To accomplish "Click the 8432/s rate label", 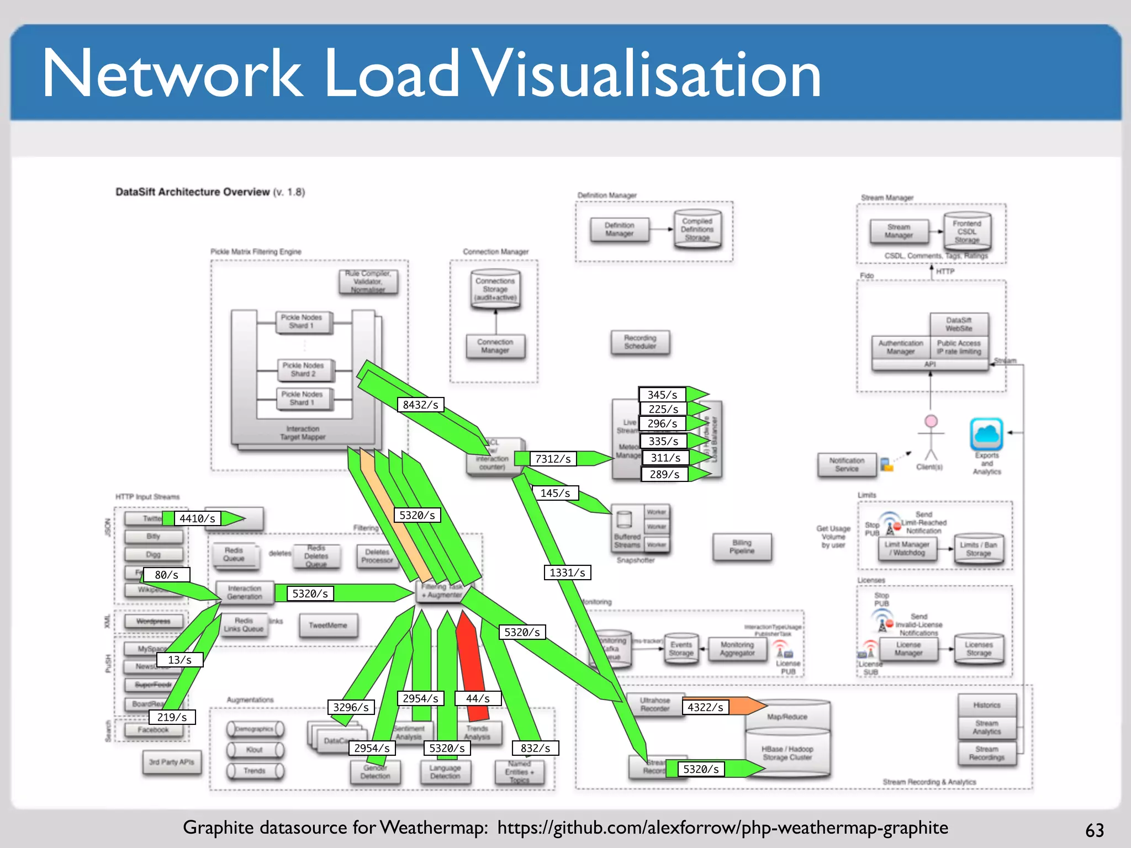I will (x=420, y=405).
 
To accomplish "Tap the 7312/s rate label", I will (x=553, y=459).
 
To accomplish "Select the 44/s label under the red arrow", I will (x=478, y=698).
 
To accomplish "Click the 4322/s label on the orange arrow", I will (x=705, y=707).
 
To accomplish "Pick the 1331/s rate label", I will (x=567, y=573).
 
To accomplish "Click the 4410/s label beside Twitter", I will (x=197, y=518).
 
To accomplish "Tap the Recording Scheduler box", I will (x=640, y=342).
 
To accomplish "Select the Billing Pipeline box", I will (x=742, y=547).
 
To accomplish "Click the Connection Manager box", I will (x=495, y=346).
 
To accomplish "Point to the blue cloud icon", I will (x=986, y=434).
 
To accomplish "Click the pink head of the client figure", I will (x=931, y=421).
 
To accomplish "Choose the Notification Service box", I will (x=847, y=464).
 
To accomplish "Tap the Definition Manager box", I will (x=619, y=230).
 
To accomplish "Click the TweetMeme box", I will (x=328, y=626).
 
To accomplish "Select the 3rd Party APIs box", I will (x=171, y=762).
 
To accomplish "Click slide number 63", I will (x=1094, y=830).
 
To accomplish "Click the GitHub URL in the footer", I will (x=722, y=828).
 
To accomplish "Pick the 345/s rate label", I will (x=662, y=395).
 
